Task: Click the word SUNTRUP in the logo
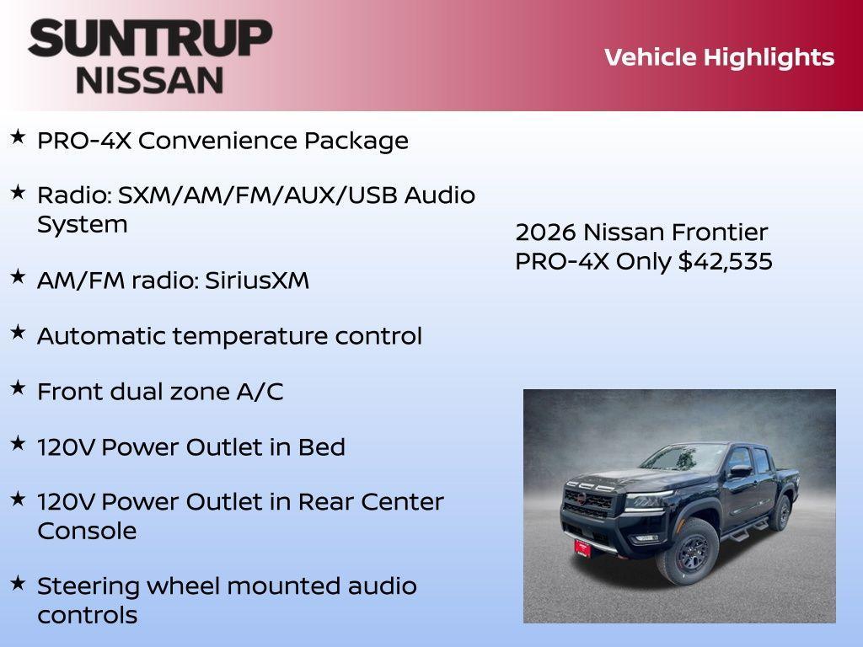(x=150, y=38)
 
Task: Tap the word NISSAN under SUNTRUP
(x=150, y=79)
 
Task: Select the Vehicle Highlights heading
(x=719, y=57)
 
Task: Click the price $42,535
(x=726, y=261)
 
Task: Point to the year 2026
(x=545, y=232)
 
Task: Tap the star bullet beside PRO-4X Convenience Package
(x=18, y=136)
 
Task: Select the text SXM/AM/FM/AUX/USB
(x=258, y=195)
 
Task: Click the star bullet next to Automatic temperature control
(x=18, y=332)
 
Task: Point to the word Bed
(x=322, y=447)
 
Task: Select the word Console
(x=87, y=531)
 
